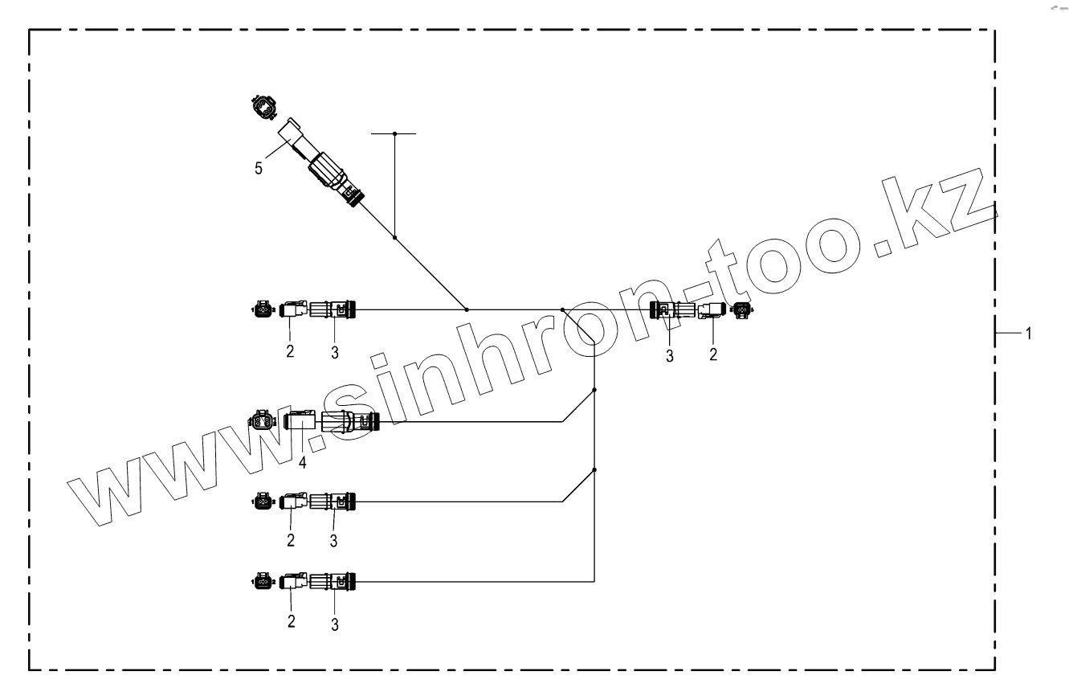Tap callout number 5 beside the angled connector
258,170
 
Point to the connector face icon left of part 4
263,420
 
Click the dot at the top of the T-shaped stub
394,133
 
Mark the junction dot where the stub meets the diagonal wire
394,238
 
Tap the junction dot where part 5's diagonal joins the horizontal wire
467,309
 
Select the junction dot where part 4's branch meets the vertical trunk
594,390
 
